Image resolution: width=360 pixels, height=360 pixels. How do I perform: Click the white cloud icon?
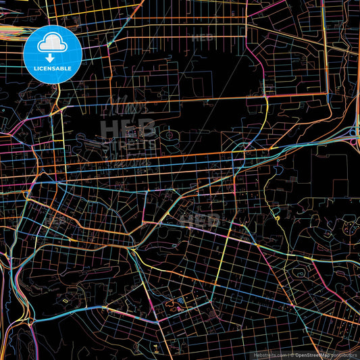pyautogui.click(x=53, y=43)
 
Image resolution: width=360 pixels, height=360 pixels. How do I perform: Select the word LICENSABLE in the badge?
pyautogui.click(x=53, y=68)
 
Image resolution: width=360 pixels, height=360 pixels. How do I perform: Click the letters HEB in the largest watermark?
pyautogui.click(x=128, y=128)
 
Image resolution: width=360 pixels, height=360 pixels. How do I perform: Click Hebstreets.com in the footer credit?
pyautogui.click(x=270, y=354)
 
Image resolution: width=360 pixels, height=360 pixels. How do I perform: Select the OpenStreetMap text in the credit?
pyautogui.click(x=317, y=354)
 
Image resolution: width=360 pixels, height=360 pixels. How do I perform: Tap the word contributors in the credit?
pyautogui.click(x=344, y=354)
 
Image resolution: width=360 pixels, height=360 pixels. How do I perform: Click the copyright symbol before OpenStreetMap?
pyautogui.click(x=293, y=354)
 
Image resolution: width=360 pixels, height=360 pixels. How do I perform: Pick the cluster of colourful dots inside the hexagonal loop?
pyautogui.click(x=347, y=230)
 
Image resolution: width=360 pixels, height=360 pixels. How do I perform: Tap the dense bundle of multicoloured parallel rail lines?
pyautogui.click(x=14, y=30)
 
